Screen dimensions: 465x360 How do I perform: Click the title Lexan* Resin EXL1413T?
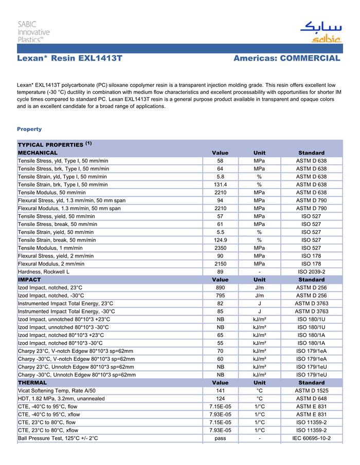69,59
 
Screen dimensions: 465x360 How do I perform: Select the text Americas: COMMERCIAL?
286,59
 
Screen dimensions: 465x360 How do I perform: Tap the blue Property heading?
29,129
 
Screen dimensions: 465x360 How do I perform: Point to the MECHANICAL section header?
38,153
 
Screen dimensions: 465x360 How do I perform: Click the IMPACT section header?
29,280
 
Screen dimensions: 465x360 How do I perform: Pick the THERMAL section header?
32,383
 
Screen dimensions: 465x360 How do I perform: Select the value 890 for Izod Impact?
220,288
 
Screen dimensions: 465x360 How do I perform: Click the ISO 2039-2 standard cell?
311,271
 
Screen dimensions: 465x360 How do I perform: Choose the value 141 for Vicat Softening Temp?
220,391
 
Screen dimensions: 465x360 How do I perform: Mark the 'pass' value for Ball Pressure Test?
220,438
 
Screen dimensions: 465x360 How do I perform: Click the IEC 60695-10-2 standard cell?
311,438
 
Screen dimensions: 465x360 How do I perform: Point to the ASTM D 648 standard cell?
311,399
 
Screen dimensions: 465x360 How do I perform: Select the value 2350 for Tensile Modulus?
220,248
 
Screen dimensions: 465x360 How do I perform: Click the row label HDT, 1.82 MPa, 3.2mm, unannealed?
61,399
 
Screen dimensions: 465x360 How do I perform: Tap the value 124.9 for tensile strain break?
220,240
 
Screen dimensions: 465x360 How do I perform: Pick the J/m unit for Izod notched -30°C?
260,295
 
